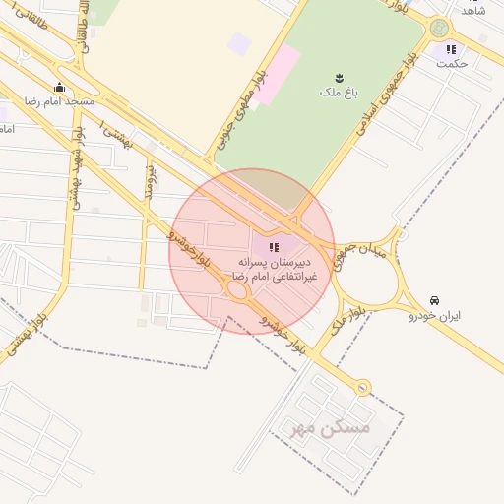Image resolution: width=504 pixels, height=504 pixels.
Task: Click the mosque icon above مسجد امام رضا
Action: [x=60, y=87]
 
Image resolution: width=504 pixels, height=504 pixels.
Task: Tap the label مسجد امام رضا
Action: [x=60, y=101]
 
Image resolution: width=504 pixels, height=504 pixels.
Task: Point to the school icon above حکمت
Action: [x=451, y=49]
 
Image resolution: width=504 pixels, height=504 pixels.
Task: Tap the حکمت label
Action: [x=452, y=64]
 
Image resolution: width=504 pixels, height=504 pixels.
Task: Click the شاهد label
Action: [x=474, y=10]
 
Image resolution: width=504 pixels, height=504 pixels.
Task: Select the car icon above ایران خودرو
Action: [x=434, y=300]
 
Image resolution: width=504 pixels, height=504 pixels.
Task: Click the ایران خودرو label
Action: [x=434, y=316]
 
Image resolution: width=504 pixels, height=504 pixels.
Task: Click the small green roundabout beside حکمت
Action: [x=439, y=29]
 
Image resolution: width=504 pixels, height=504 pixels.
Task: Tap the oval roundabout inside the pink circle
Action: [x=237, y=291]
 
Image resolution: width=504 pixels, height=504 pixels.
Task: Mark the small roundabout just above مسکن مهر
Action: [x=363, y=388]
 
